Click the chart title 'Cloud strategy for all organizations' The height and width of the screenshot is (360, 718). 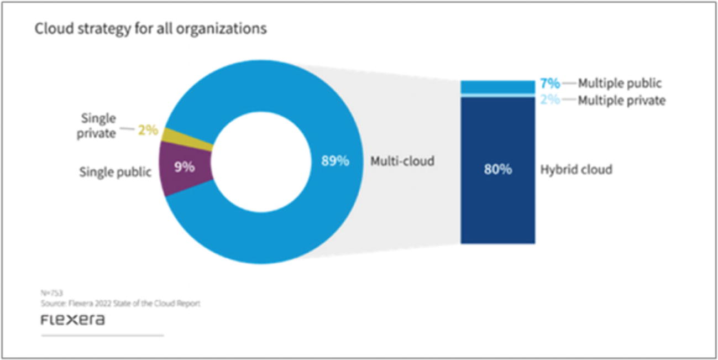tap(150, 28)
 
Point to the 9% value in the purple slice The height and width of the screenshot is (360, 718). tap(184, 166)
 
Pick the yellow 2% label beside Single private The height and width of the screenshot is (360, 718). tap(148, 131)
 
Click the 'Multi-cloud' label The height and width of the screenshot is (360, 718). tap(402, 161)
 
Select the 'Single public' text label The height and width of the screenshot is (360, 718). tap(115, 172)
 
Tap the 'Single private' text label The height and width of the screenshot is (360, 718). tap(98, 126)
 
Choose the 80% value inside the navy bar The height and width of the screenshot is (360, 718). tap(497, 169)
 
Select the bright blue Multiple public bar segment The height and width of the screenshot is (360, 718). tap(497, 87)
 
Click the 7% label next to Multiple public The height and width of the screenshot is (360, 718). tap(550, 84)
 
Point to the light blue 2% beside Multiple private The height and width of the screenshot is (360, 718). tap(550, 100)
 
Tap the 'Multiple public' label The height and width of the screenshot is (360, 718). tap(620, 84)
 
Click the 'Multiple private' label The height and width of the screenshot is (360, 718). tap(621, 101)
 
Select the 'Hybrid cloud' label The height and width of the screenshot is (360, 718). tap(576, 169)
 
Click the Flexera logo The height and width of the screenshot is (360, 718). tap(72, 320)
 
